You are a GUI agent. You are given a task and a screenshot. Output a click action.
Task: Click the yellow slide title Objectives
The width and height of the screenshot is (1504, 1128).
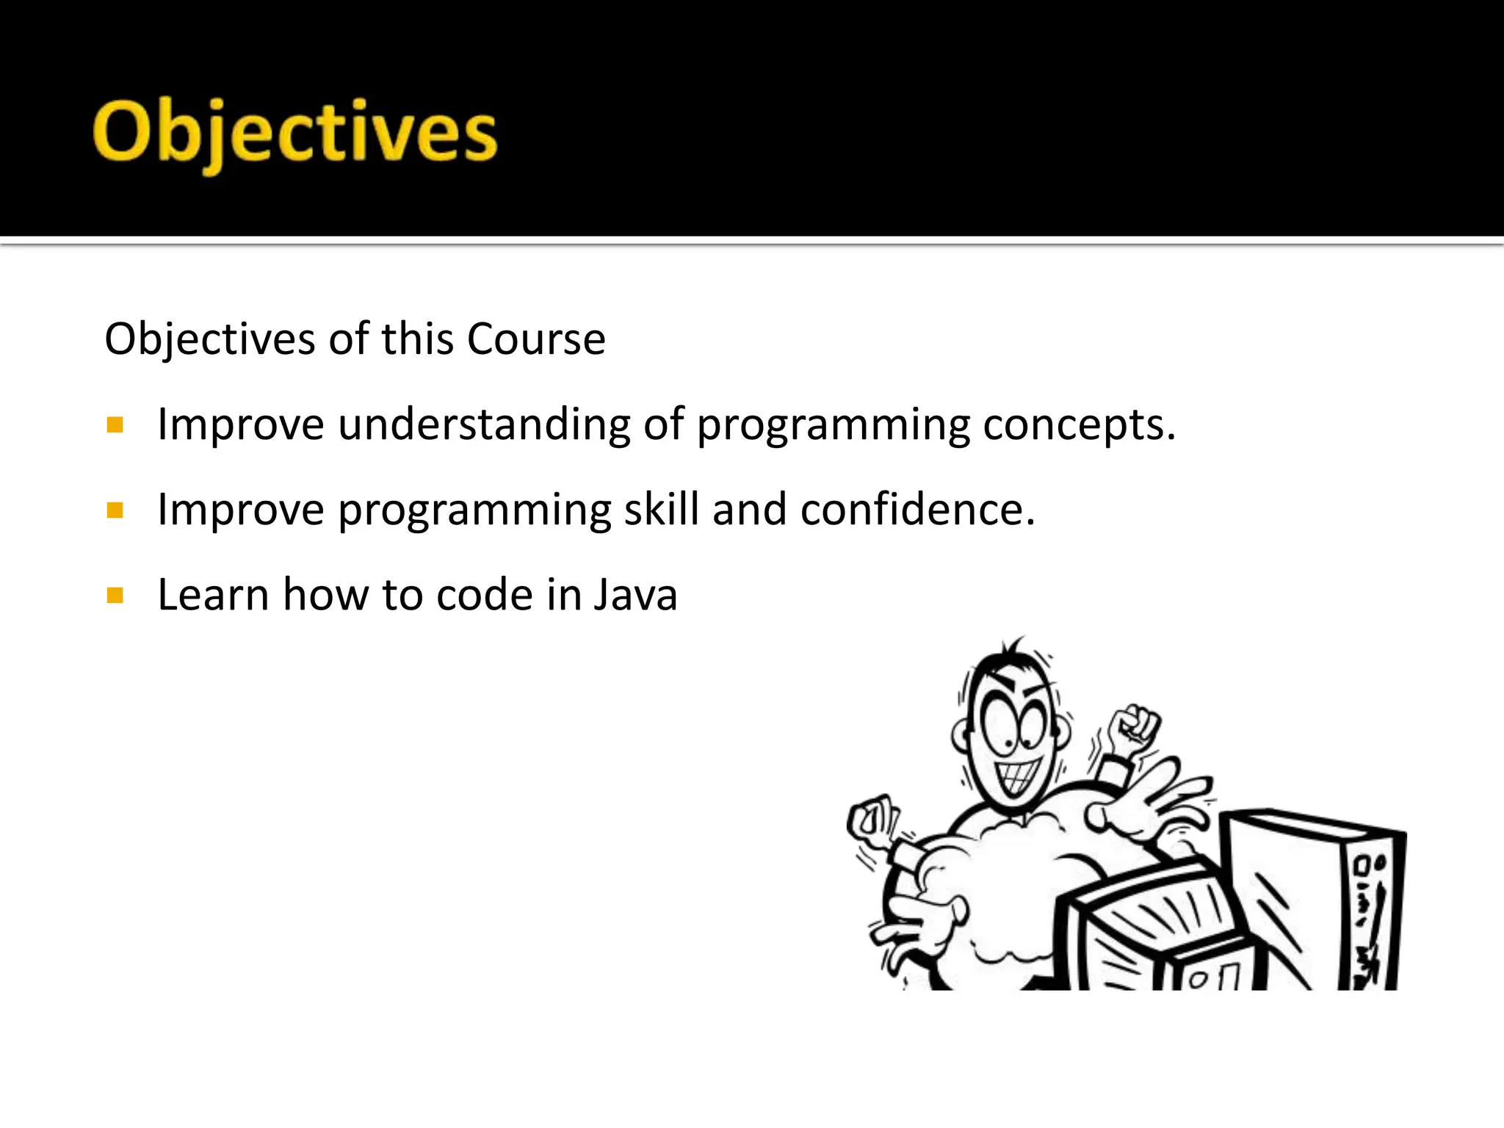click(295, 132)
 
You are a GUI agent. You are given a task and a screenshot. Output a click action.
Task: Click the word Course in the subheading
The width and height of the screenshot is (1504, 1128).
click(535, 339)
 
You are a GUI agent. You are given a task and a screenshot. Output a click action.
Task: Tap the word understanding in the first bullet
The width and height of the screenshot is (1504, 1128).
click(484, 425)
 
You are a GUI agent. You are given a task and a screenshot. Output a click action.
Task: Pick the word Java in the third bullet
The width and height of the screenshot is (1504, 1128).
click(635, 595)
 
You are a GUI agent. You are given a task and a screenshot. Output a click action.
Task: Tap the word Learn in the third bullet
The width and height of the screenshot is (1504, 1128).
click(214, 595)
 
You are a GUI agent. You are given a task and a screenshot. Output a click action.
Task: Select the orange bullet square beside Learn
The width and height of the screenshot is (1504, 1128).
click(115, 595)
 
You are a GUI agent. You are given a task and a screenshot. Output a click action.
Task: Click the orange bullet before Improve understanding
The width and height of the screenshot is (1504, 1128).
click(115, 425)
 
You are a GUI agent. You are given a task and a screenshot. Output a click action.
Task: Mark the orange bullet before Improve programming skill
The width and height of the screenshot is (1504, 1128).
click(115, 510)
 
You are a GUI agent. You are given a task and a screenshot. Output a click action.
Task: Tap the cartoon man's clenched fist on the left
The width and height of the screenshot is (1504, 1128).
click(872, 819)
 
